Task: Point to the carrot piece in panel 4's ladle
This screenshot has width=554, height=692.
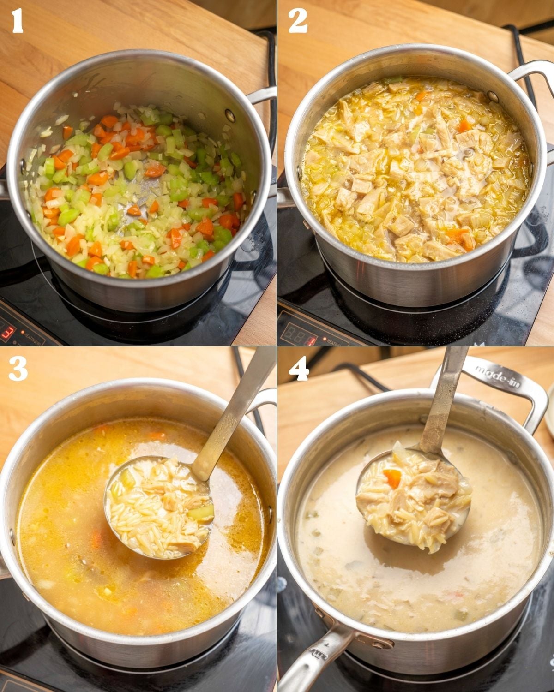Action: (x=392, y=478)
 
